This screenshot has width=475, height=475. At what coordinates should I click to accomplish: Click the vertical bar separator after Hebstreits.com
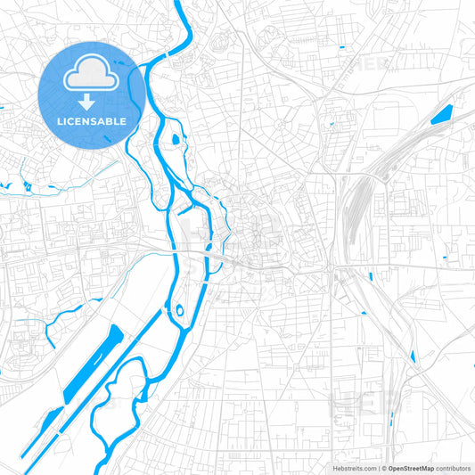coord(378,468)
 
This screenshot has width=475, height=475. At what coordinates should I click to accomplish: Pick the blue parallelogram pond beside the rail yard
coord(441,114)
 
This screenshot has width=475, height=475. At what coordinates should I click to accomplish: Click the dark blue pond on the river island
coord(175,138)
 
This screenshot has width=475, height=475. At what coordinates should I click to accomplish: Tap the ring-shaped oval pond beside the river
coord(178,312)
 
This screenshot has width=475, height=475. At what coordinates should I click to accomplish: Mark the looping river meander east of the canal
coord(134,401)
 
